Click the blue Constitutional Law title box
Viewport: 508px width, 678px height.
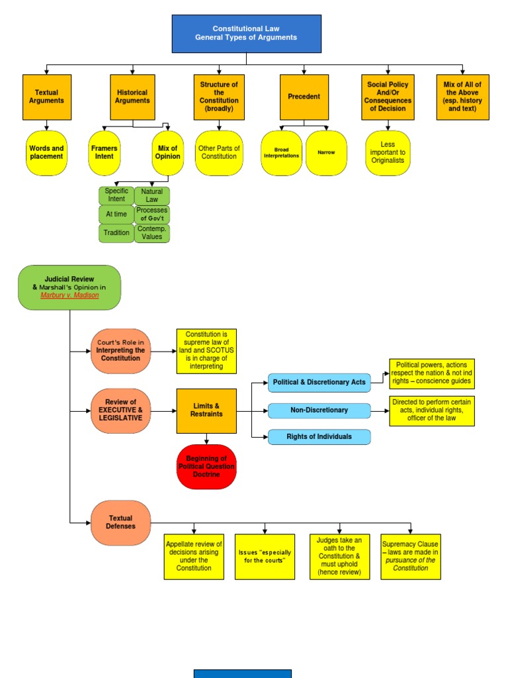tap(246, 34)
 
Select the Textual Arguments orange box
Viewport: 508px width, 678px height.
tap(47, 97)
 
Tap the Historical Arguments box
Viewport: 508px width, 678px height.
tap(132, 97)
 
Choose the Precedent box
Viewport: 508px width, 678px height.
tap(304, 97)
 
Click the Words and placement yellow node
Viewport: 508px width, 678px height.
tap(47, 153)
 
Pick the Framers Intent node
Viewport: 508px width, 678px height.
tap(104, 153)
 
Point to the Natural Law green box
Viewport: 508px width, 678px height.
tap(152, 195)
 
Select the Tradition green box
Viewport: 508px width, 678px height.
tap(116, 233)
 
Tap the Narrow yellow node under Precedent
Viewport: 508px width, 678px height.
tap(326, 153)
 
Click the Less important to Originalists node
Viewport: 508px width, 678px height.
tap(388, 153)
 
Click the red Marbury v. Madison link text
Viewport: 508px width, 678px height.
tap(69, 295)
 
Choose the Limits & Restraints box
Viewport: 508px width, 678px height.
tap(206, 411)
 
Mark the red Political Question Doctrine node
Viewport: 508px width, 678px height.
tap(206, 467)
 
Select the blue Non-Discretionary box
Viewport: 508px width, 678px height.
tap(319, 411)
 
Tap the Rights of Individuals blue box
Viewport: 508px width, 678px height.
tap(319, 437)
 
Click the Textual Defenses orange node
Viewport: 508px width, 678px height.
tap(120, 522)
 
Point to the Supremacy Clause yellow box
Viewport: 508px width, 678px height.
tap(410, 556)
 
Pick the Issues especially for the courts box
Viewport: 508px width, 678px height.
tap(265, 556)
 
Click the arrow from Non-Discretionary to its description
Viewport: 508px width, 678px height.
tap(380, 411)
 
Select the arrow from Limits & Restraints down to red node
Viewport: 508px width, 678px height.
tap(206, 439)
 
